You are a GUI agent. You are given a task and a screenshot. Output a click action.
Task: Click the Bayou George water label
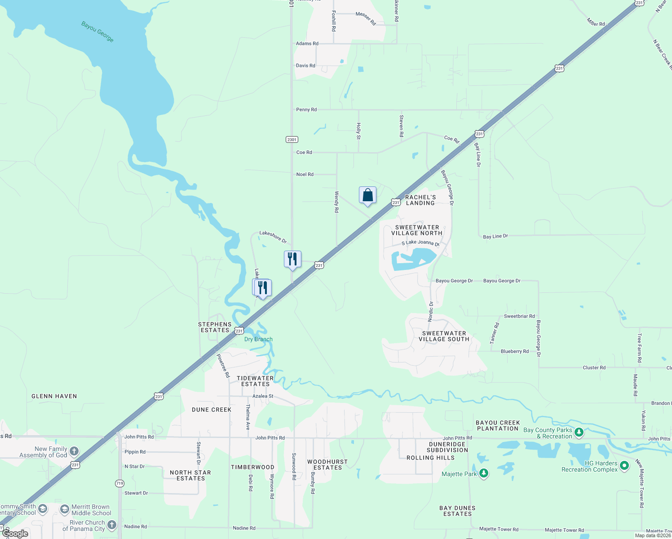point(97,31)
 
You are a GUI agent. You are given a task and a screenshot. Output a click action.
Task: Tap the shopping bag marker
point(367,195)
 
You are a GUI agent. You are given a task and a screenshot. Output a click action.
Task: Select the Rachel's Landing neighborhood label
point(420,200)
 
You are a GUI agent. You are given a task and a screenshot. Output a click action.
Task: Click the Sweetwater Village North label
point(417,230)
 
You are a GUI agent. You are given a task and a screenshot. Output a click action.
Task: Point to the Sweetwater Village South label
point(444,336)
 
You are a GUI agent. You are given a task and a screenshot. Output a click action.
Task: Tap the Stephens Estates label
point(215,327)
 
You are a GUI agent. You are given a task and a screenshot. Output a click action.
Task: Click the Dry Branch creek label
point(258,339)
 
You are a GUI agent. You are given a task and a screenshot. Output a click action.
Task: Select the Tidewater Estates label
point(255,381)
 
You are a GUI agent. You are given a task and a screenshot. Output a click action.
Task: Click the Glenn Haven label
point(54,396)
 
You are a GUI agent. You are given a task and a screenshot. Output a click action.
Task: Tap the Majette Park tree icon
point(484,473)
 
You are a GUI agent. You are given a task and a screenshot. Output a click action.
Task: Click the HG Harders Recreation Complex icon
point(624,466)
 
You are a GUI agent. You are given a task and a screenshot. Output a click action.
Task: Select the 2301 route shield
point(292,140)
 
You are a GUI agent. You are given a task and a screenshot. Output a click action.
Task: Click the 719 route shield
point(119,483)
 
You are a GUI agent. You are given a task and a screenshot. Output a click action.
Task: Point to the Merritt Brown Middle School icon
point(65,509)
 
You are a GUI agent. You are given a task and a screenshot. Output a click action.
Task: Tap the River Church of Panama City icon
point(112,525)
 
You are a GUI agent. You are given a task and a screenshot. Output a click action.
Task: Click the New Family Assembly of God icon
point(74,451)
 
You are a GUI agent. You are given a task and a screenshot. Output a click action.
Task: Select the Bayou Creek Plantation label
point(498,425)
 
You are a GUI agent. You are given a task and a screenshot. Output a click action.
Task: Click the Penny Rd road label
point(306,110)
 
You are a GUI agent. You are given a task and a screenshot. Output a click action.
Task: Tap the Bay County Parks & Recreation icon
point(579,433)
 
